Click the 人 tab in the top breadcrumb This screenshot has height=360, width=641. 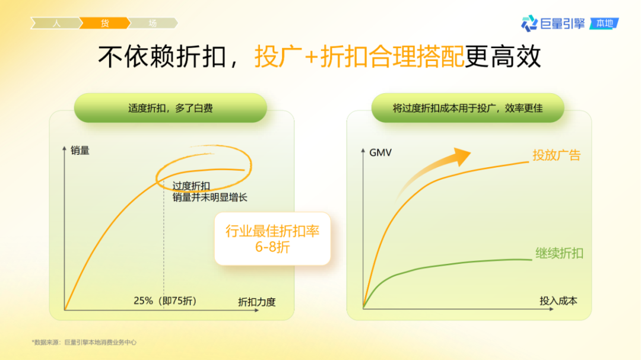pos(56,23)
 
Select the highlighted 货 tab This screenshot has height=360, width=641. pos(104,23)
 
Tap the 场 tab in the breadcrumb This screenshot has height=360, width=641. pos(153,23)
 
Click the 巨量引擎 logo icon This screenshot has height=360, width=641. pos(529,24)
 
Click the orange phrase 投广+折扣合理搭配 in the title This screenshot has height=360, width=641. pos(360,57)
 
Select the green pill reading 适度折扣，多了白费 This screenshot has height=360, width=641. pos(170,108)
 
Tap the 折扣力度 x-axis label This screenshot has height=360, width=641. pos(256,301)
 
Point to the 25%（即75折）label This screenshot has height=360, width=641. pos(165,301)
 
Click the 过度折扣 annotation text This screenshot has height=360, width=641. pos(191,186)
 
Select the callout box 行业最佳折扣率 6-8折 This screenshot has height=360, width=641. pos(272,238)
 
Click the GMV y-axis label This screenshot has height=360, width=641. pos(380,152)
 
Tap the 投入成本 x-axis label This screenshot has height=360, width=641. pos(558,301)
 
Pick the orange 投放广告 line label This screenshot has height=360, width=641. pos(556,155)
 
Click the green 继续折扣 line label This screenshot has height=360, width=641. pos(559,253)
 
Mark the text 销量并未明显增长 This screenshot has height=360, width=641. pos(210,197)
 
